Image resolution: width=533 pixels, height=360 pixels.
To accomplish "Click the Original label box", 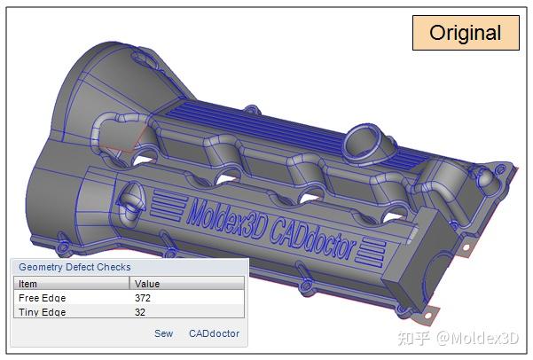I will coord(465,34).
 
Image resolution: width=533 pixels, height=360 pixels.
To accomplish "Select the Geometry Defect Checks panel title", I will coord(74,267).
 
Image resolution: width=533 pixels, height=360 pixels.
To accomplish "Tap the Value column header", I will coord(147,283).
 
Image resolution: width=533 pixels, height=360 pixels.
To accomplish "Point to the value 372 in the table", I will coord(144,298).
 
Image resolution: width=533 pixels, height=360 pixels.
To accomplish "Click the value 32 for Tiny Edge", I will coord(141,311).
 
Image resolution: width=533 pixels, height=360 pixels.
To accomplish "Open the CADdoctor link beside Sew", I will coord(214,333).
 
